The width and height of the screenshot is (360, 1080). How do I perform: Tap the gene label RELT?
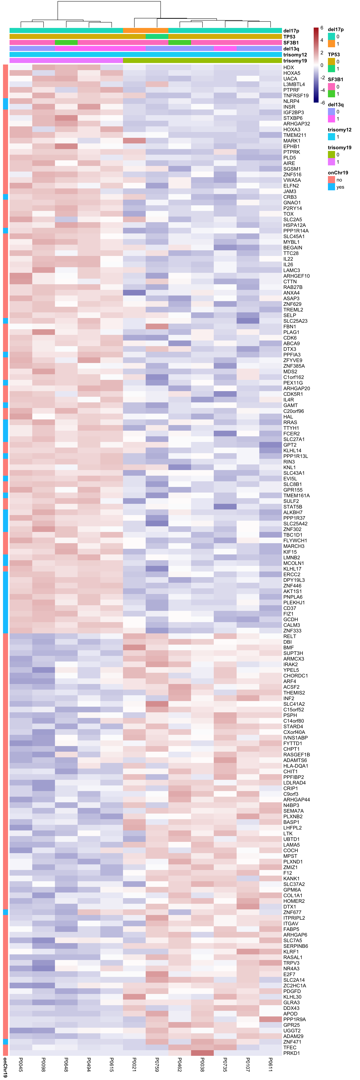[289, 636]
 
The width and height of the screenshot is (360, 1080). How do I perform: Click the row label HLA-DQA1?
[295, 766]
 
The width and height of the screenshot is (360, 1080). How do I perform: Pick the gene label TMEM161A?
[296, 495]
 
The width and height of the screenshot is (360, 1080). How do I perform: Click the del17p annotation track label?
[291, 31]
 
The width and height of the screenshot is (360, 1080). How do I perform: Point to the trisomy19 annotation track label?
[295, 61]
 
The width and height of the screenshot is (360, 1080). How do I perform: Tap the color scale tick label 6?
[322, 28]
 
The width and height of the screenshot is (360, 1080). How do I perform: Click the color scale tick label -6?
[323, 102]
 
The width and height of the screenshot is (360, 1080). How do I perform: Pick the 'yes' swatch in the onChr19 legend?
[331, 187]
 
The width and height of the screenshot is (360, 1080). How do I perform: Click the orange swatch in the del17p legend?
[331, 44]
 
